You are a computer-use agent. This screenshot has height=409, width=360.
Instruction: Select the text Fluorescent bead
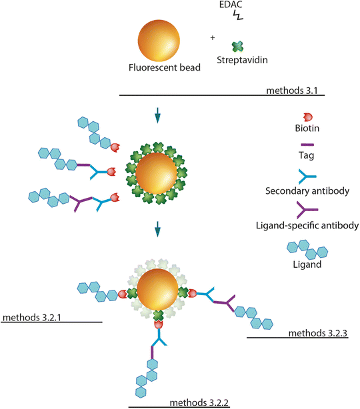coord(159,68)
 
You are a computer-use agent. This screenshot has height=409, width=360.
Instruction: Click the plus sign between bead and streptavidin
coord(212,38)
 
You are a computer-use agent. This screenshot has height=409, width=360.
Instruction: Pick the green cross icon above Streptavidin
coord(236,47)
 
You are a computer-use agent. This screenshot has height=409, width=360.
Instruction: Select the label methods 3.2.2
coord(200,402)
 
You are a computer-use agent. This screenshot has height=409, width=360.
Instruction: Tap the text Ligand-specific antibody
coord(308,226)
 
